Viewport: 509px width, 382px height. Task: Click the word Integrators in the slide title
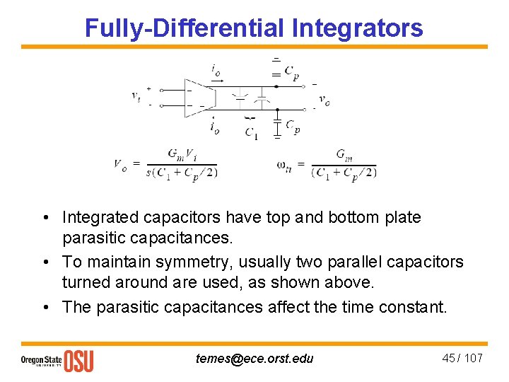coord(357,28)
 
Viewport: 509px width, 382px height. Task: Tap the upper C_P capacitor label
coord(291,71)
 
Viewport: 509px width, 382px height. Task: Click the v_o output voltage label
coord(324,100)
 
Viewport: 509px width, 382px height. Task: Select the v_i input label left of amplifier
coord(136,96)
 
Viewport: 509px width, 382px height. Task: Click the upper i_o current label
coord(215,69)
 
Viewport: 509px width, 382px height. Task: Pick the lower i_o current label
coord(214,127)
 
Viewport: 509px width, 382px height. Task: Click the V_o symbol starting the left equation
coord(120,164)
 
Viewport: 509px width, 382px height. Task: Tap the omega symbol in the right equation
coord(284,165)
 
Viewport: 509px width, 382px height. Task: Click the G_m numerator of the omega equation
coord(344,155)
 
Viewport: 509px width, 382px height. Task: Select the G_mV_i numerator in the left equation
coord(182,155)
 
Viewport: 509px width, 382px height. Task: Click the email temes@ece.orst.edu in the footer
coord(255,359)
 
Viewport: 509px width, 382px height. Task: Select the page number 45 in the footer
coord(449,358)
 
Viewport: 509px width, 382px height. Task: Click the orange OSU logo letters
coord(78,361)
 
